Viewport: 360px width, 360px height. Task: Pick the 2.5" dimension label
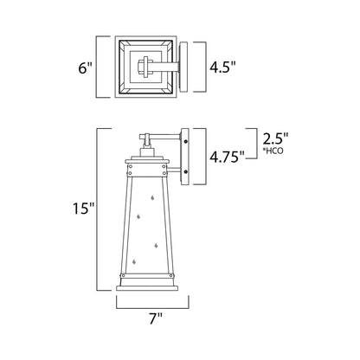click(x=274, y=138)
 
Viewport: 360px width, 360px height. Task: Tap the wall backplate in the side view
click(x=185, y=157)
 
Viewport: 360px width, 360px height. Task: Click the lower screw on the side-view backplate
click(x=185, y=177)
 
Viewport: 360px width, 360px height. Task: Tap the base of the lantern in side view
click(x=154, y=290)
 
